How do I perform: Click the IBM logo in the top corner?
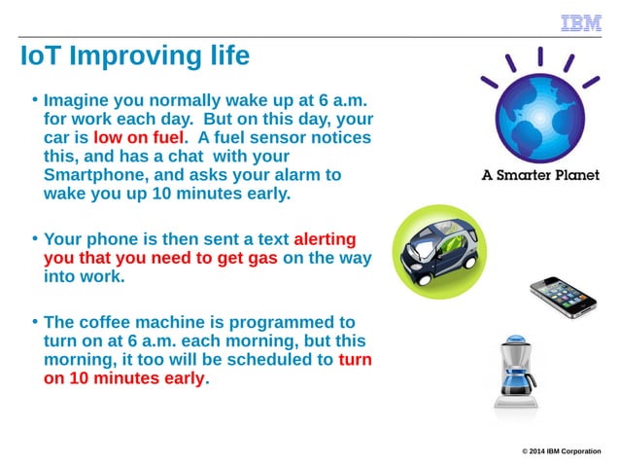(x=581, y=23)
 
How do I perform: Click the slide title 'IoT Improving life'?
(x=135, y=56)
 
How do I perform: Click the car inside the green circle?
(x=438, y=251)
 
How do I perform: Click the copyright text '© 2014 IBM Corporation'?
(x=561, y=450)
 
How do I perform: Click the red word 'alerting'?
(x=325, y=239)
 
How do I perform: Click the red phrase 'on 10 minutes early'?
(x=124, y=378)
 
